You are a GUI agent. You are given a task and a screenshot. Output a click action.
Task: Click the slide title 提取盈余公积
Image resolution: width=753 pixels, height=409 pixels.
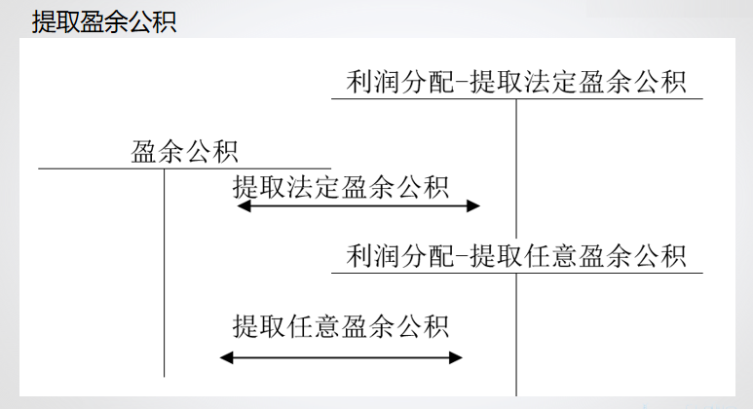pyautogui.click(x=104, y=21)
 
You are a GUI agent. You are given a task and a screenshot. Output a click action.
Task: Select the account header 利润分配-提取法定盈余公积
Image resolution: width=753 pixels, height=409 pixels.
pyautogui.click(x=516, y=81)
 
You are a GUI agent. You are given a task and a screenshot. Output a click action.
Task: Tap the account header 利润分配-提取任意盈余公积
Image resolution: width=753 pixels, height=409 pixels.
pyautogui.click(x=516, y=256)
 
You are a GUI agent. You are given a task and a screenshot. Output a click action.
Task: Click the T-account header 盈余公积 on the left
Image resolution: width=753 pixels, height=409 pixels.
pyautogui.click(x=185, y=151)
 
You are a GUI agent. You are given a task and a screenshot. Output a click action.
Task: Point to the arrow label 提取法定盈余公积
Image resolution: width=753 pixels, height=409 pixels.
pyautogui.click(x=341, y=187)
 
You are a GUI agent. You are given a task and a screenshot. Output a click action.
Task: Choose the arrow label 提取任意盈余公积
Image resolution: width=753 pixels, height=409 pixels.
pyautogui.click(x=341, y=324)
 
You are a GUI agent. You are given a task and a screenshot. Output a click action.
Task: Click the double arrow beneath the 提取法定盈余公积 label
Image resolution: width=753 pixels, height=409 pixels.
pyautogui.click(x=358, y=205)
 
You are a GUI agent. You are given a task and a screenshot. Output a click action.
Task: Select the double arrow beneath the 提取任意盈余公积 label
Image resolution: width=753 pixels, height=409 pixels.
pyautogui.click(x=341, y=357)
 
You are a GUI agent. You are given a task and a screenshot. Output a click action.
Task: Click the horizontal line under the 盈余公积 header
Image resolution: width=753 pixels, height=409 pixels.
pyautogui.click(x=184, y=168)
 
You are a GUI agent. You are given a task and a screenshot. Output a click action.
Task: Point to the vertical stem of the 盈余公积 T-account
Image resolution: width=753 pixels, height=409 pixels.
pyautogui.click(x=164, y=273)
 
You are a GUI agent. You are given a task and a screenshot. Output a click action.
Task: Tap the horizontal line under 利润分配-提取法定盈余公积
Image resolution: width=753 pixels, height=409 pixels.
pyautogui.click(x=516, y=98)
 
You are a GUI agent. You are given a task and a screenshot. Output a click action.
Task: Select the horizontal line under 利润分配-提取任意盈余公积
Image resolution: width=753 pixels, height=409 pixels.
pyautogui.click(x=516, y=274)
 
